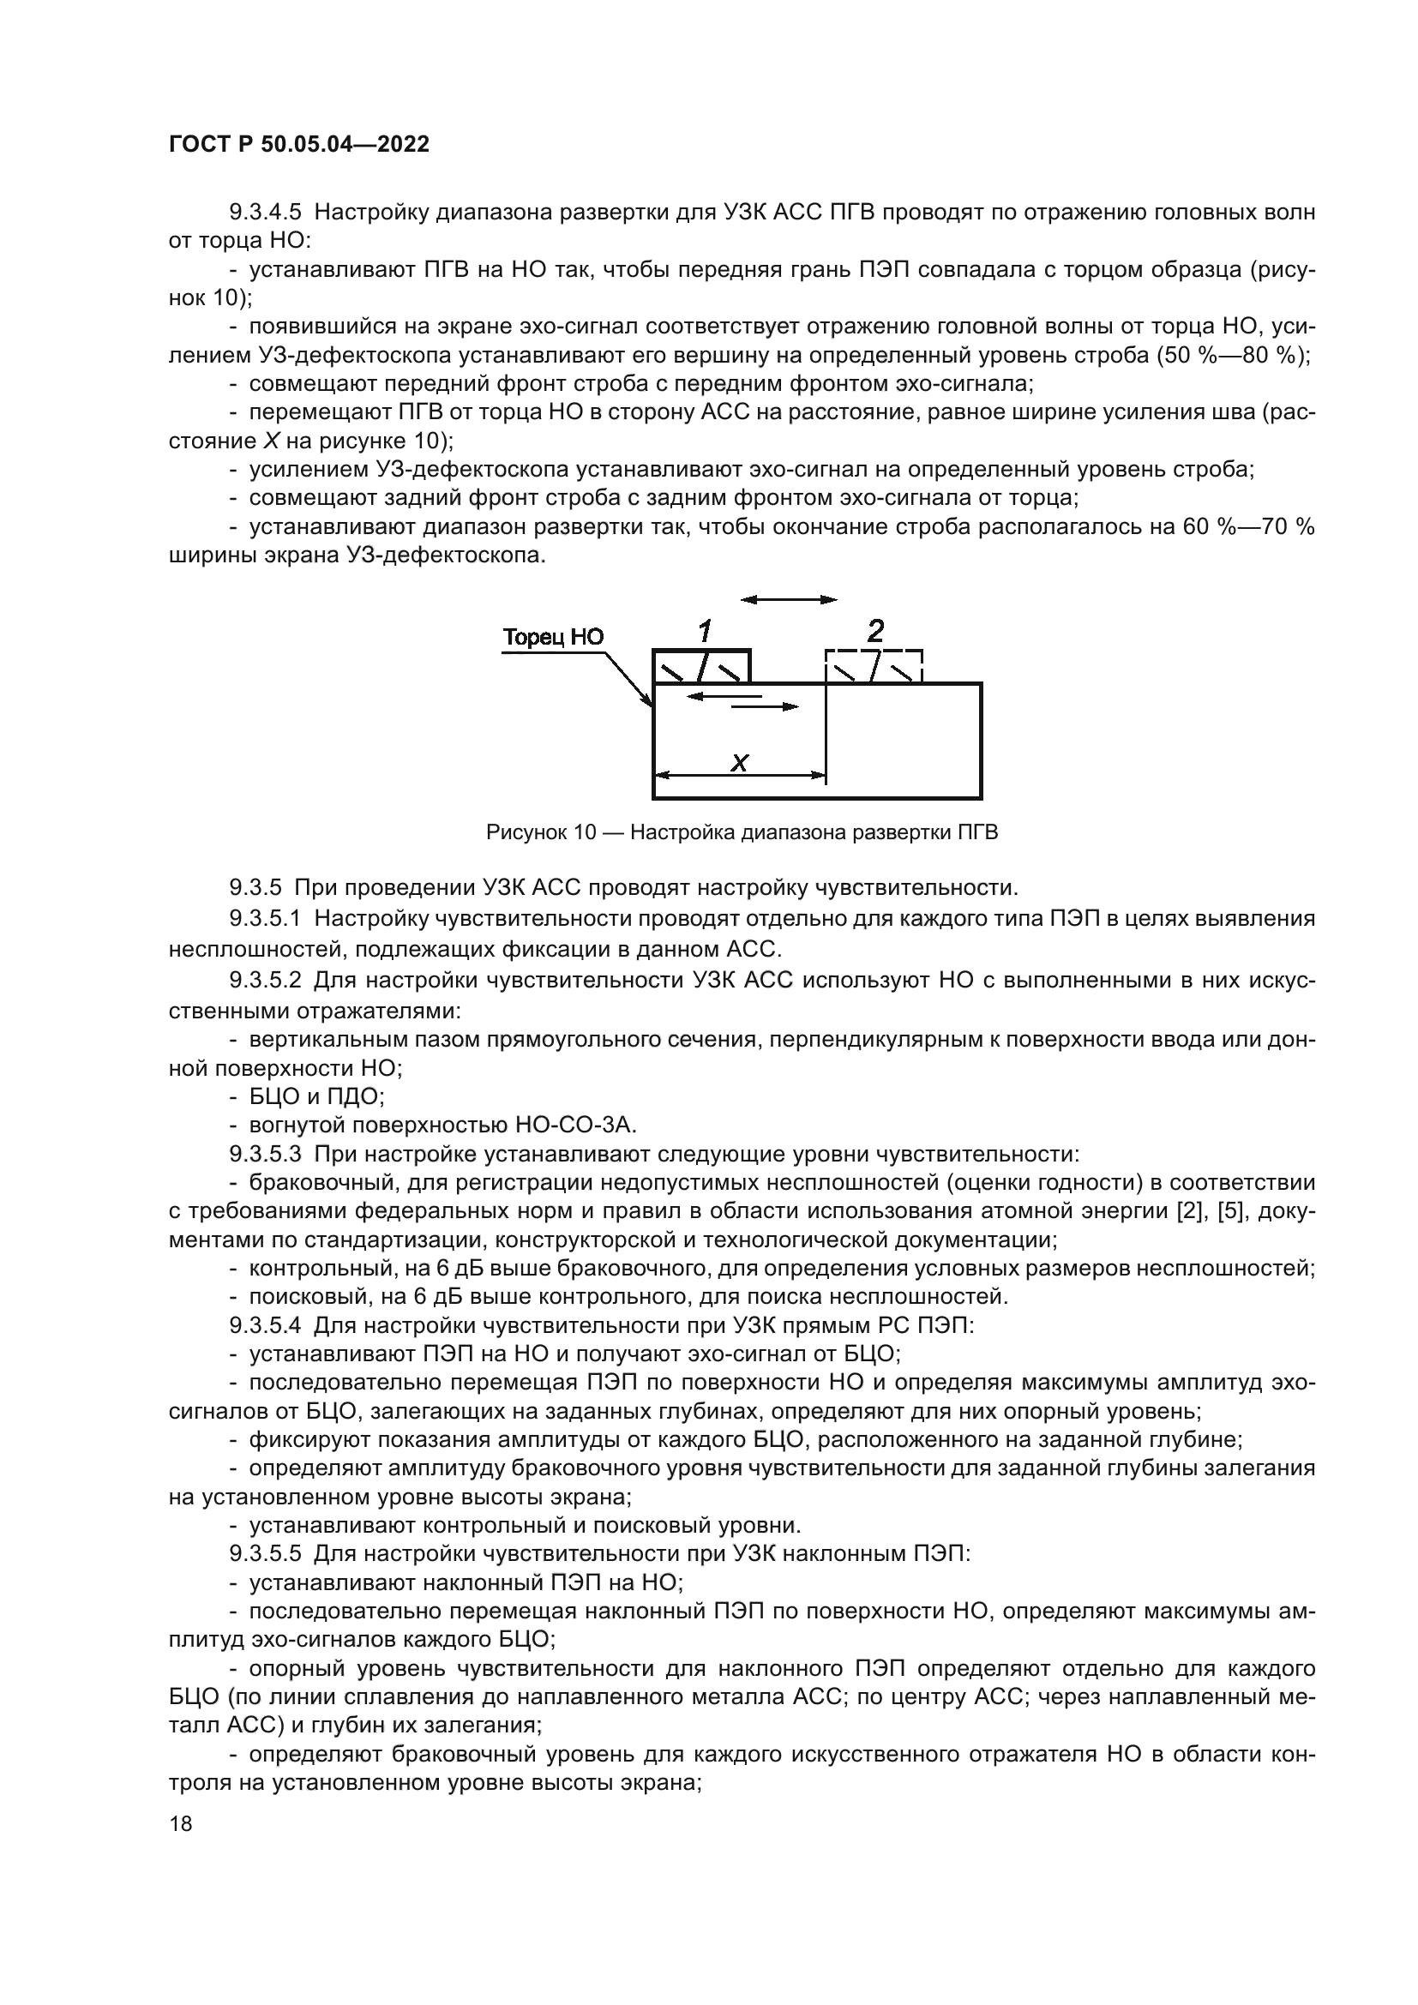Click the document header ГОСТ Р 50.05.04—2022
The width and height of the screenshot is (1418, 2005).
point(298,145)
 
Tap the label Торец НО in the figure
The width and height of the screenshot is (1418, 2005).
point(553,637)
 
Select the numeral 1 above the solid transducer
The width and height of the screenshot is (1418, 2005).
point(704,630)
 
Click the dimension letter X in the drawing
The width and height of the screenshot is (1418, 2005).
point(739,762)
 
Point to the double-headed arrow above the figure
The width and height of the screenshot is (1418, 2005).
point(788,600)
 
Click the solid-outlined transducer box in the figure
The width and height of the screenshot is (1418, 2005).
point(701,666)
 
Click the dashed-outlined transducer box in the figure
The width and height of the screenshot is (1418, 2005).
point(874,666)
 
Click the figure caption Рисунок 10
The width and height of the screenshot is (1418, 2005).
point(540,832)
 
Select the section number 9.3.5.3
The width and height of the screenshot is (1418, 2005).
point(265,1154)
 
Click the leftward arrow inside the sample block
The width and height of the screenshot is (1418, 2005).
point(724,696)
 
